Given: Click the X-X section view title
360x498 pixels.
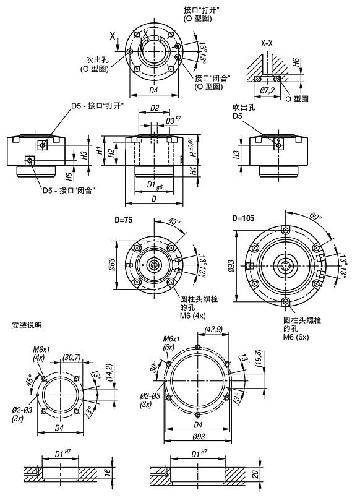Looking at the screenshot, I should tap(267, 44).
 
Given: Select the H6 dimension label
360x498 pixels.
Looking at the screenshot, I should tap(296, 62).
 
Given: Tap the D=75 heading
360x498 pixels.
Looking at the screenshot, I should tap(124, 220).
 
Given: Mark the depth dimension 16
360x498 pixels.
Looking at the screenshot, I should tap(107, 472).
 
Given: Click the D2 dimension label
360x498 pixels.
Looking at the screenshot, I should tap(155, 109).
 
